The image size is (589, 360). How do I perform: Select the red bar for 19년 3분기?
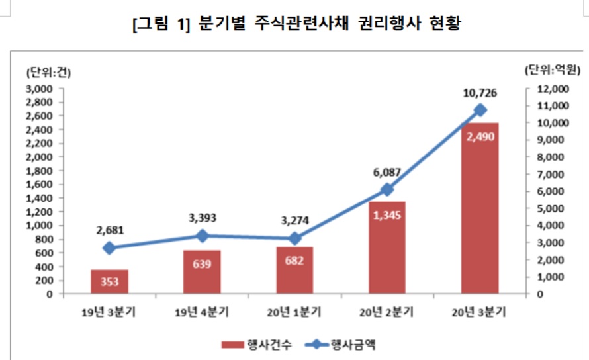pos(110,281)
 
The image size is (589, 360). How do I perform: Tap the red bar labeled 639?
pos(203,272)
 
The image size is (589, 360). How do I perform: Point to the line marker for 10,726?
pos(480,110)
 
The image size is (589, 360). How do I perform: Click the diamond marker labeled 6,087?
pos(387,190)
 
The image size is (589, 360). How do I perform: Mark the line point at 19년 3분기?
pos(110,248)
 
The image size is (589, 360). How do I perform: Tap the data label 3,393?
pos(203,218)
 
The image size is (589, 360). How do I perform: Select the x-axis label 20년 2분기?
pos(387,312)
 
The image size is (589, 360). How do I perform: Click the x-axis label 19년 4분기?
pos(203,312)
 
